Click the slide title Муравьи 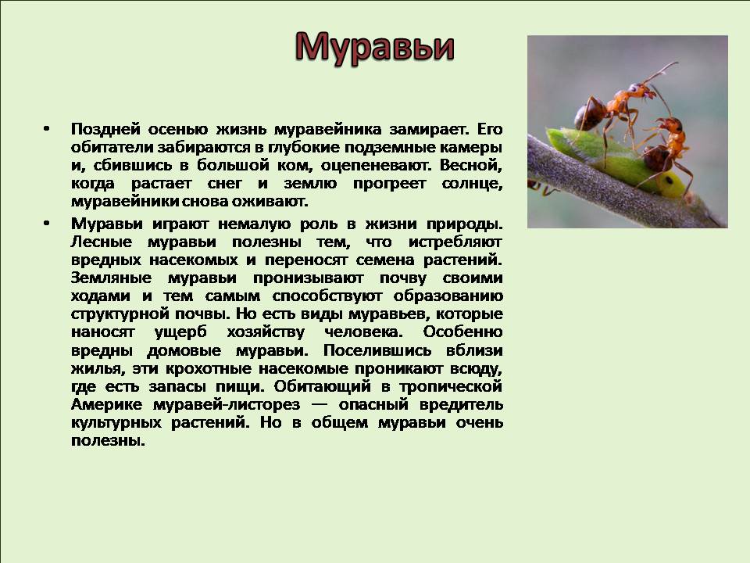click(374, 48)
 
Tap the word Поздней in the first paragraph click(105, 129)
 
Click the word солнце click(472, 184)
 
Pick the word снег click(224, 184)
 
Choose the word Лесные click(102, 242)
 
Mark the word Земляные click(111, 278)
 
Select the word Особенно click(462, 332)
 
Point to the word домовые click(184, 351)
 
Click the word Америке click(106, 404)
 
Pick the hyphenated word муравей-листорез click(227, 405)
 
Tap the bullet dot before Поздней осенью click(46, 129)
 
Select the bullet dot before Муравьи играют click(46, 224)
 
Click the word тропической click(451, 387)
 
